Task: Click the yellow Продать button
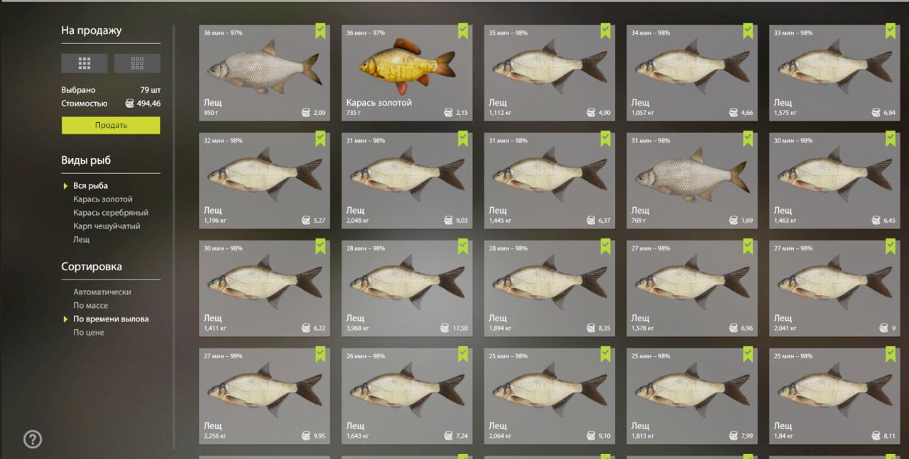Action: coord(111,126)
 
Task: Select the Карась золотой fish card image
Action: coord(407,66)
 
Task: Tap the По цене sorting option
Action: coord(89,333)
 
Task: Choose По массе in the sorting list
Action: coord(90,305)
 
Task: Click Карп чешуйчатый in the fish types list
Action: coord(107,226)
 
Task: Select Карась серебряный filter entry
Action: coord(111,212)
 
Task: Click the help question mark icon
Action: coord(33,439)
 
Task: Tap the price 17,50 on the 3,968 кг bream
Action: coord(460,328)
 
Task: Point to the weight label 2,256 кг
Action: coord(214,436)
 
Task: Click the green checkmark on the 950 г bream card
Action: coord(320,31)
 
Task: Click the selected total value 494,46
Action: coord(148,104)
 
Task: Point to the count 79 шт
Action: coord(150,90)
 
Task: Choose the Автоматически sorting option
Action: coord(102,292)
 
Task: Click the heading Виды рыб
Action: coord(86,160)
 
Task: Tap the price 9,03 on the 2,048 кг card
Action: coord(462,221)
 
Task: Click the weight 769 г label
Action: coord(638,221)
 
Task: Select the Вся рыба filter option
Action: coord(90,186)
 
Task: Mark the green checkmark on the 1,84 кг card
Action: coord(891,354)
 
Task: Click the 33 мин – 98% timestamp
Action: coord(793,33)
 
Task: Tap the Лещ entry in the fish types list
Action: coord(81,240)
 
